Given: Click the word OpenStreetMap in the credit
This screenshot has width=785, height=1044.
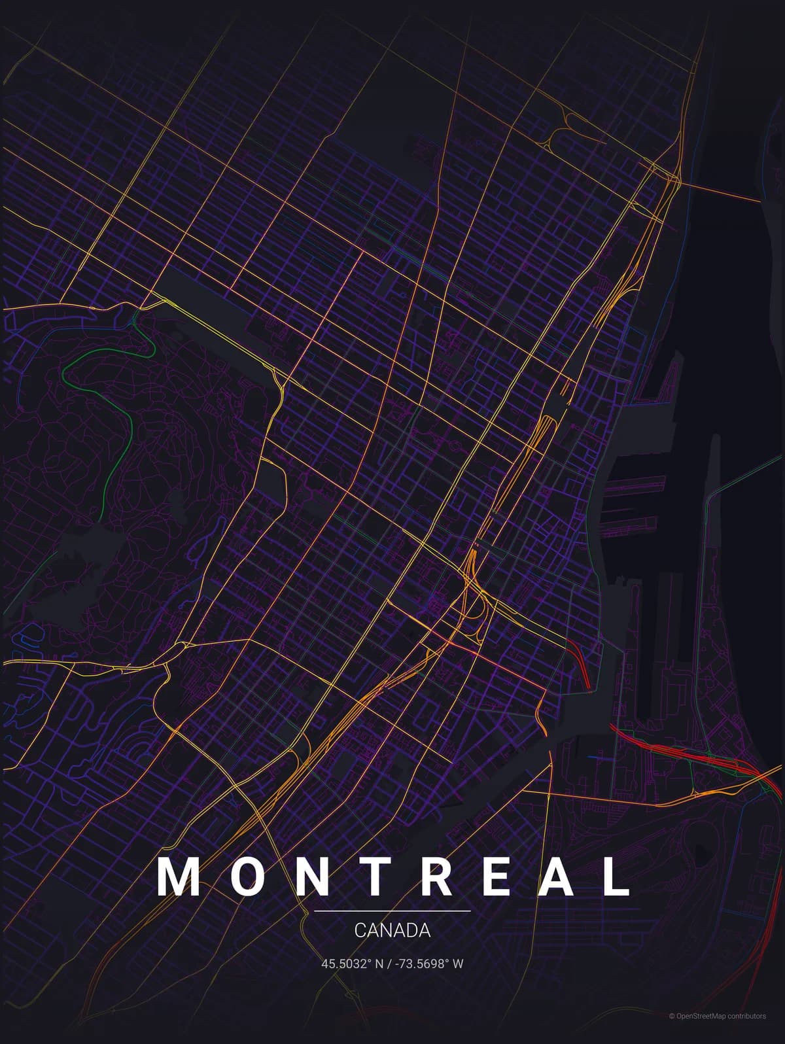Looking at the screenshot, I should (697, 1034).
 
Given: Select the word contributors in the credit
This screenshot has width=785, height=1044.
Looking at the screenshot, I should (742, 1034).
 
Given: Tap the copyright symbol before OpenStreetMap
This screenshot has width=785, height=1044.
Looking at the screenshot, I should (671, 1034).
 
